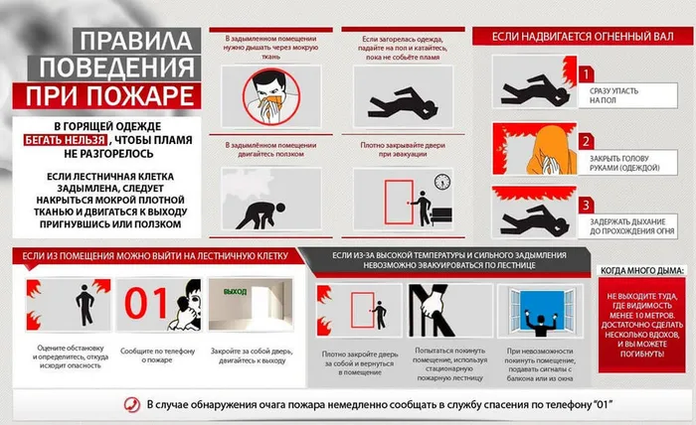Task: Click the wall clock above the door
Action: pos(441,181)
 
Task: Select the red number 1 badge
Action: pos(587,73)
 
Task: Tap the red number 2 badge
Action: pos(587,140)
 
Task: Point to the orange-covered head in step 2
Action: pos(536,148)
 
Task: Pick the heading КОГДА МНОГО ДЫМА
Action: pos(639,271)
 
